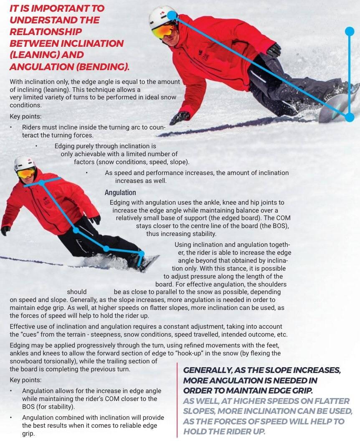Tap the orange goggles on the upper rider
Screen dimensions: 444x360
163,30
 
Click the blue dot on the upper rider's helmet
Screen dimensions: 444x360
172,16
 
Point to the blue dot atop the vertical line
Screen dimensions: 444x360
350,31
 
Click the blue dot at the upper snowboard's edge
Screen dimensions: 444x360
350,117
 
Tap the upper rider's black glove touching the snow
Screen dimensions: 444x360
180,118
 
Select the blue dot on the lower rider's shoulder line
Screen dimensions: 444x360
42,183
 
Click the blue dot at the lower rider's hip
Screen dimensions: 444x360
76,230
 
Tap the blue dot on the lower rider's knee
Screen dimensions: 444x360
106,249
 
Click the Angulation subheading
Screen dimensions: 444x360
120,193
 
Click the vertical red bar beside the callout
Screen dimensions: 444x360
177,401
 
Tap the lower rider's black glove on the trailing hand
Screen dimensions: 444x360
5,230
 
